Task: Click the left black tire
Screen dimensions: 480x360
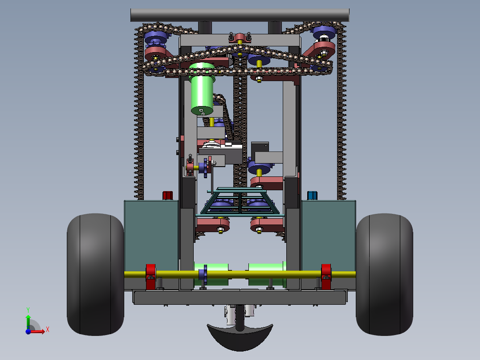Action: point(95,274)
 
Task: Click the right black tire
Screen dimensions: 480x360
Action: point(385,274)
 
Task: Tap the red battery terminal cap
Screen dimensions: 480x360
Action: point(167,196)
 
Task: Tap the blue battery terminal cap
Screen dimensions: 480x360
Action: point(312,196)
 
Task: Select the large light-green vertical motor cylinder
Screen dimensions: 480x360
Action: point(202,89)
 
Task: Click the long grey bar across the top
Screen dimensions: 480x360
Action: point(240,15)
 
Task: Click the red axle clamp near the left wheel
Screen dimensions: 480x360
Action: point(151,277)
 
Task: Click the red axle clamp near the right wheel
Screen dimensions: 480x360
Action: point(326,277)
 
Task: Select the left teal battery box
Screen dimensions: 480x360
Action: point(151,236)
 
